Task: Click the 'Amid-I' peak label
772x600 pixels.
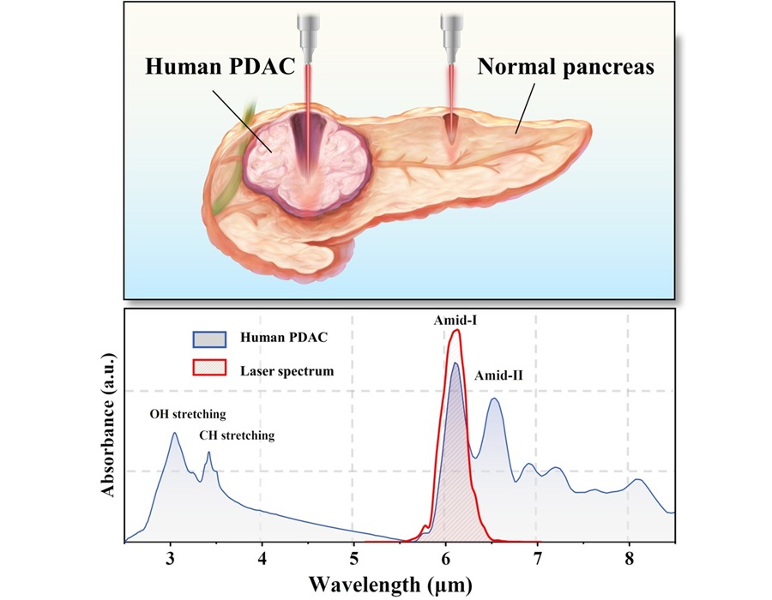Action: point(455,319)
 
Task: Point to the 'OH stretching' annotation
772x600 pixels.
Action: point(188,414)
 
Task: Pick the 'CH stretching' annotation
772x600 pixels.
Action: point(237,435)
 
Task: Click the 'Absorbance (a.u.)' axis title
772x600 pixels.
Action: point(109,424)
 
